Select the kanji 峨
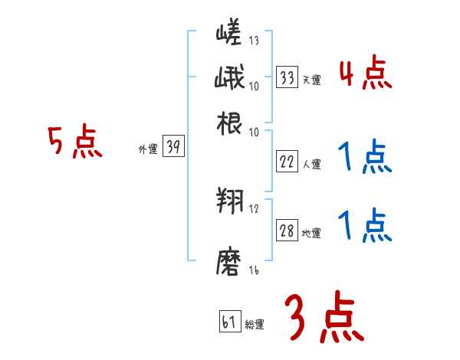click(x=229, y=78)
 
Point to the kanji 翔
click(x=229, y=201)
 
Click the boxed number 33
click(x=287, y=77)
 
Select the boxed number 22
click(x=287, y=161)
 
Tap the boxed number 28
click(x=287, y=231)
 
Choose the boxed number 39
click(x=173, y=148)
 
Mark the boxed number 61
click(x=228, y=322)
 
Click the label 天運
click(x=311, y=80)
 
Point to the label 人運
click(x=311, y=164)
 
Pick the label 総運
click(x=254, y=325)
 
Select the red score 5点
click(x=74, y=142)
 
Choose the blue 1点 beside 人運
click(x=365, y=159)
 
